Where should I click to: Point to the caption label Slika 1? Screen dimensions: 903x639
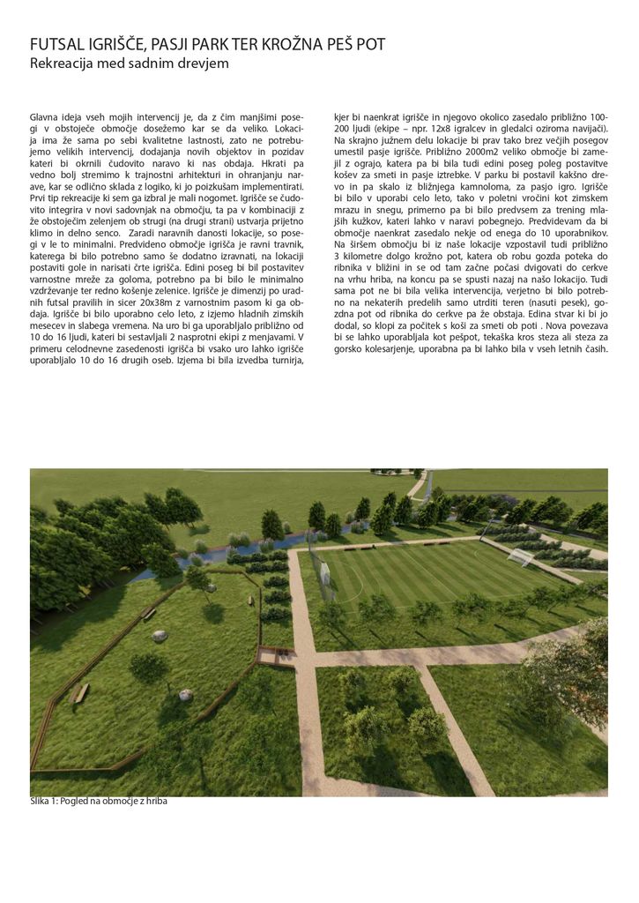coord(45,802)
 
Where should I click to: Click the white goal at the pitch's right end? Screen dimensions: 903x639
coord(520,558)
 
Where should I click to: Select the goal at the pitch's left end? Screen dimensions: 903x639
coord(323,574)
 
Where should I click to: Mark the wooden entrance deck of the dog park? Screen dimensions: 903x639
coord(275,654)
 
